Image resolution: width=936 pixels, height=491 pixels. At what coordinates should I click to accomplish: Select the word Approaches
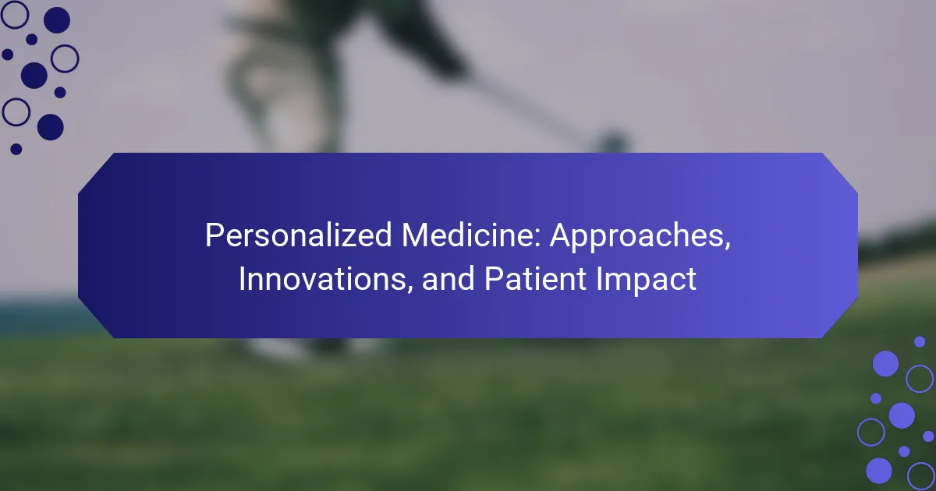638,237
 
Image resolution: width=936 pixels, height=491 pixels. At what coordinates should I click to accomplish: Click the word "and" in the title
448,278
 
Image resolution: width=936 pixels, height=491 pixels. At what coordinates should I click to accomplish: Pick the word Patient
535,278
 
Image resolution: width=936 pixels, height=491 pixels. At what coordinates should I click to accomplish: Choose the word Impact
646,281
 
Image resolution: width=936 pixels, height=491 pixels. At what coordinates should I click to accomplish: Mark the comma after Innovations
409,289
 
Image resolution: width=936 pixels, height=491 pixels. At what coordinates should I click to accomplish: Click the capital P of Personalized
214,235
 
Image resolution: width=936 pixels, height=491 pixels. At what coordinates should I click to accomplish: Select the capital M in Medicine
414,235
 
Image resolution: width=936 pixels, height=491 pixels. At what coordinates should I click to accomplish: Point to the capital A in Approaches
562,235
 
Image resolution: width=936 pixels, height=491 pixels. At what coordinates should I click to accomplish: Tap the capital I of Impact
599,278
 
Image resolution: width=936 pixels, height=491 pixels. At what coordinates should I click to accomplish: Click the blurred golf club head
613,142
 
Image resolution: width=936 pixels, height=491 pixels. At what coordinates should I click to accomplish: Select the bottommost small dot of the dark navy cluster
16,149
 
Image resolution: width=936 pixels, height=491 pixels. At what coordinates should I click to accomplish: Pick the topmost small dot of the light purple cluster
920,341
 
